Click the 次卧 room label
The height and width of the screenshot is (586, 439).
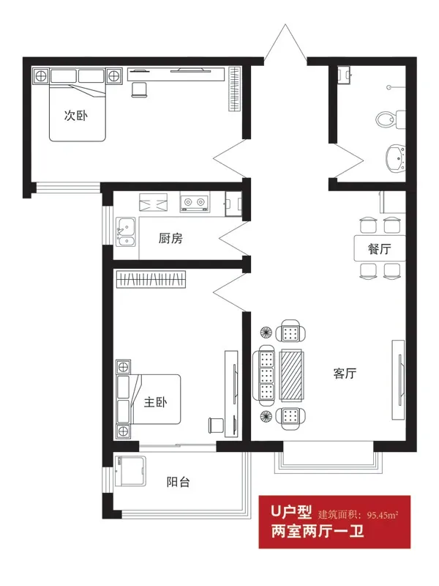[76, 116]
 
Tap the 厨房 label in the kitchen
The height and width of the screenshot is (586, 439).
[170, 238]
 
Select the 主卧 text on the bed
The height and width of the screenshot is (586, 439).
[155, 402]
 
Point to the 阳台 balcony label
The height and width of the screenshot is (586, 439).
[178, 482]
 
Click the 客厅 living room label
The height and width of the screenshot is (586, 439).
[345, 373]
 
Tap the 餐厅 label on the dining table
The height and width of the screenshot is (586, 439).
[379, 248]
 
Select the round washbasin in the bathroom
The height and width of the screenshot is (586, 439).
[396, 158]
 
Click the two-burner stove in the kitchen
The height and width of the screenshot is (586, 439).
[195, 202]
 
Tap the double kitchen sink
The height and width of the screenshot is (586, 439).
[126, 231]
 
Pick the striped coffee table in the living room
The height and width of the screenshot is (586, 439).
[291, 375]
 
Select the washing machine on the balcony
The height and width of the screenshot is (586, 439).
[130, 471]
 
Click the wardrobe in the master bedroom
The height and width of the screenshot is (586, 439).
[151, 279]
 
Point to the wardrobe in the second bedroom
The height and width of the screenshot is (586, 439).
[233, 89]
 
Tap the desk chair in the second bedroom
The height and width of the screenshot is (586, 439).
[140, 89]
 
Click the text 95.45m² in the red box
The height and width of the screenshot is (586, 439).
[383, 515]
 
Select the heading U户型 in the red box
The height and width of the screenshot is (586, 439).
[291, 511]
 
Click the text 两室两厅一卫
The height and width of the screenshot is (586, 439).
[318, 531]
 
